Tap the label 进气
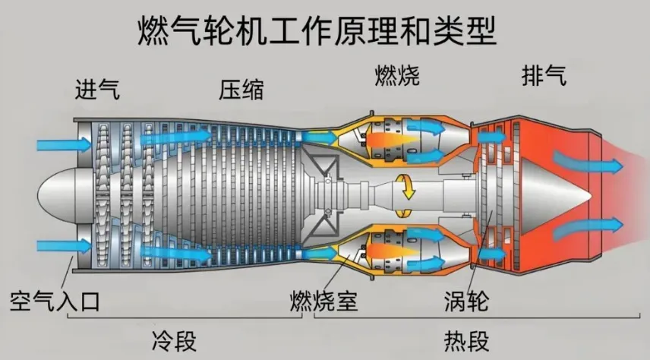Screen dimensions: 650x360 (97, 90)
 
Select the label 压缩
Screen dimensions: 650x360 (241, 90)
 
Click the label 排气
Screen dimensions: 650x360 (544, 76)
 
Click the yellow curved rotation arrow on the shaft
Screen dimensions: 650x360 (409, 186)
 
